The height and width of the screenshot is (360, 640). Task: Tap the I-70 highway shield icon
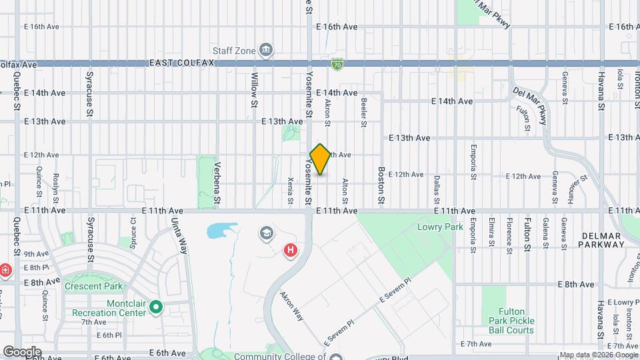click(338, 64)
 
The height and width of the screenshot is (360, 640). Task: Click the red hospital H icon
click(291, 251)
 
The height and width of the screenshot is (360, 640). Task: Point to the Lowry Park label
click(431, 227)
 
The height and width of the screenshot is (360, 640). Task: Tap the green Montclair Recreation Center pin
click(156, 307)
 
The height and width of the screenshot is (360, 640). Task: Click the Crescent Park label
click(94, 287)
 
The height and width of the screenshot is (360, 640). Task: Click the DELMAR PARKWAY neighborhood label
click(602, 240)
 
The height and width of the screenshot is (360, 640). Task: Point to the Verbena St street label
click(217, 183)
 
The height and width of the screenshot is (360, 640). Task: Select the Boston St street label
click(381, 185)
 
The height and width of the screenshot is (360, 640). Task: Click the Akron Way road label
click(292, 305)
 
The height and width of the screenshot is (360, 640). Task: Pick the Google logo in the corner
click(22, 351)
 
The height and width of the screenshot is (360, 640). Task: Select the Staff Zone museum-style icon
click(266, 50)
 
